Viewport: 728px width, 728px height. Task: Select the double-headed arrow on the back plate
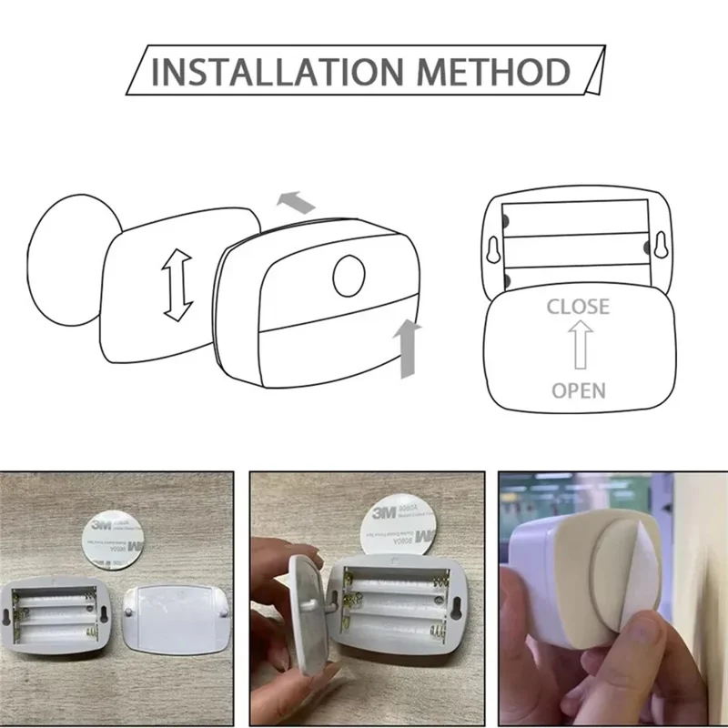tap(175, 286)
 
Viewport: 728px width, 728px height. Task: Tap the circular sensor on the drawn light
tap(349, 277)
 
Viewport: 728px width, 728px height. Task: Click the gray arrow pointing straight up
tap(410, 347)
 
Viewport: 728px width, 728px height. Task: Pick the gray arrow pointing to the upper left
tap(297, 201)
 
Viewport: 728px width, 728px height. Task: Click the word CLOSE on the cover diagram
tap(577, 307)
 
